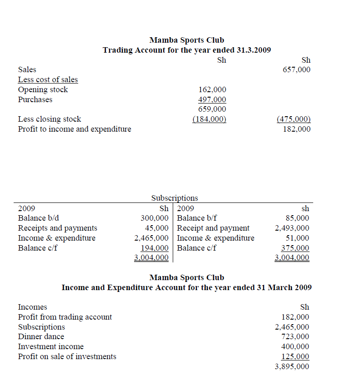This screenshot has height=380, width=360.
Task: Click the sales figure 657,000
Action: [296, 70]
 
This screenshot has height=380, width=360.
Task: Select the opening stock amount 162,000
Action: [212, 90]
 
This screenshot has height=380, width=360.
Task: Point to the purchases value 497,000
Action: [212, 99]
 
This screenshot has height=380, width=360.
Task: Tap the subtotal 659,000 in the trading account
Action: [212, 109]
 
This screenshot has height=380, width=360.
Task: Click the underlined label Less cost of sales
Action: [48, 80]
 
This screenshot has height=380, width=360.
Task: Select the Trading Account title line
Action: [186, 50]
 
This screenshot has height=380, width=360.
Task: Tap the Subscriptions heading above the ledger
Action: [175, 198]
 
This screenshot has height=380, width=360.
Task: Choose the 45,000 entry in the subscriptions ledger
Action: [156, 228]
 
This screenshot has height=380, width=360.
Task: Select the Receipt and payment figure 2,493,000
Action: [292, 228]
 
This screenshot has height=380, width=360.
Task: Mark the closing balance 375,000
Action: [295, 248]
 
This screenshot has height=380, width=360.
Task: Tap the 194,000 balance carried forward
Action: [155, 248]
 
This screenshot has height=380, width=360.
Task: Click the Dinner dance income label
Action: [41, 337]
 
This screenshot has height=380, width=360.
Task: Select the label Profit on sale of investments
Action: [67, 356]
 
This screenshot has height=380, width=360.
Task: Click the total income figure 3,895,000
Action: [292, 366]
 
